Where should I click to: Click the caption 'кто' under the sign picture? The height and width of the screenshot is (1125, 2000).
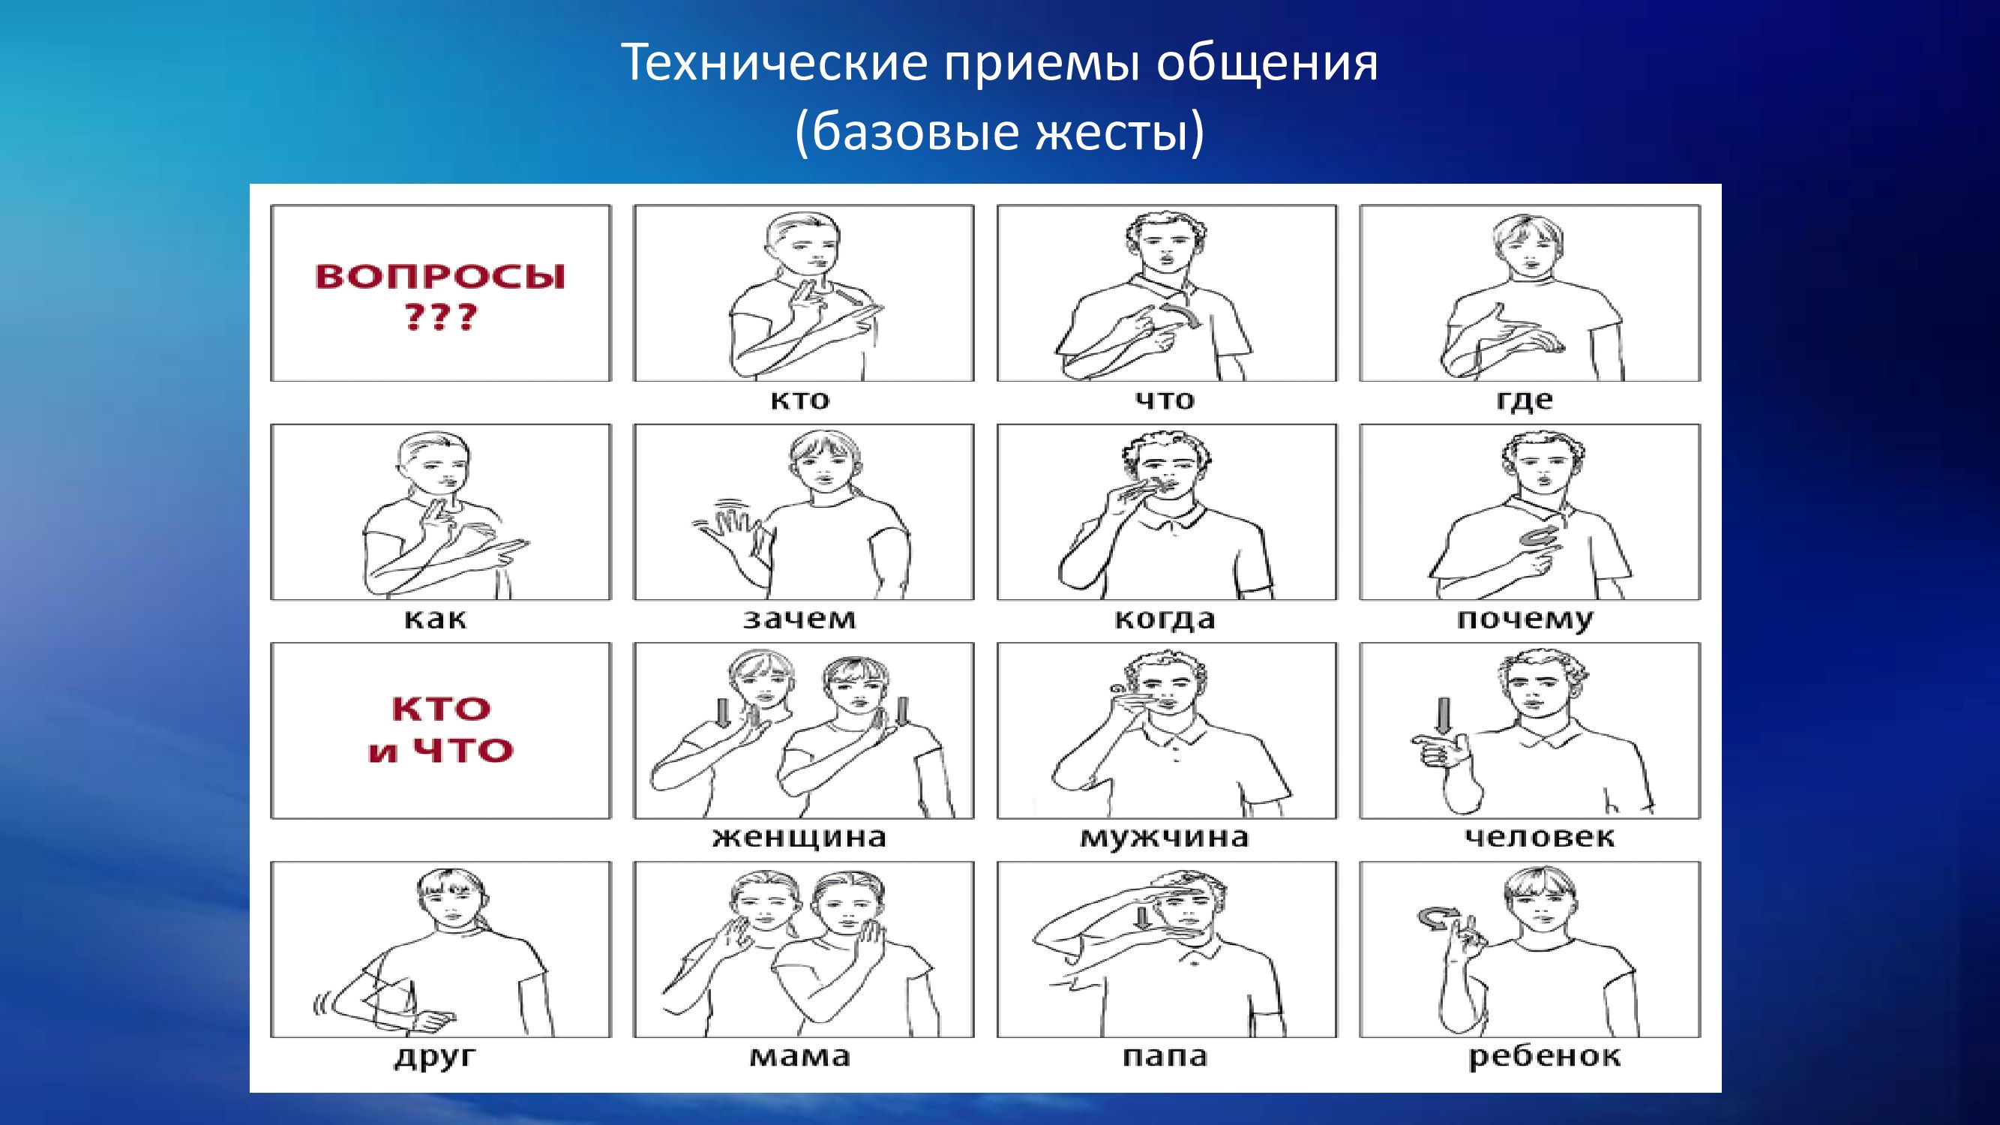click(x=799, y=400)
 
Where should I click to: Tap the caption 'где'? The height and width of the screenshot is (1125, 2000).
click(x=1524, y=401)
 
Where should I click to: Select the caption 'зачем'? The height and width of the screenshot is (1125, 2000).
click(x=799, y=619)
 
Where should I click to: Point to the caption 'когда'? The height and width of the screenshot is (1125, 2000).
click(x=1165, y=619)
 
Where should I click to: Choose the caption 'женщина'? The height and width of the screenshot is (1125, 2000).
click(x=799, y=838)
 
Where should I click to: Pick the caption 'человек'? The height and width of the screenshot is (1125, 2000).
click(x=1540, y=838)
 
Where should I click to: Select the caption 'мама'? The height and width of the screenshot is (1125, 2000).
click(x=799, y=1057)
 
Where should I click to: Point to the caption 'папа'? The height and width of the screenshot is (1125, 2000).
click(x=1165, y=1057)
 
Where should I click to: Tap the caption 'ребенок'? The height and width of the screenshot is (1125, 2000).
click(x=1544, y=1057)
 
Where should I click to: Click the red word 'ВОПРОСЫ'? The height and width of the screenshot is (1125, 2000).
click(x=440, y=277)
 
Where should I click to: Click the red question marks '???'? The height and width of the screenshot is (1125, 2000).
click(x=439, y=318)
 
